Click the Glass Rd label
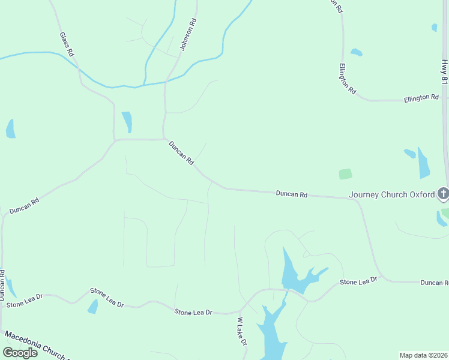click(67, 44)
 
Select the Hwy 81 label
click(444, 71)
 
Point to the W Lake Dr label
click(242, 331)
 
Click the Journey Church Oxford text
click(392, 194)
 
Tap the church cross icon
click(443, 193)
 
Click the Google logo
click(20, 352)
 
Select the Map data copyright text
click(424, 355)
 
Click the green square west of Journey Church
click(345, 174)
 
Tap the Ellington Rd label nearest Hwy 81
click(421, 97)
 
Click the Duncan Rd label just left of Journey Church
click(292, 194)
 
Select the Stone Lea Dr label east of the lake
click(358, 281)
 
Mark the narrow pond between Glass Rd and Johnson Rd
click(127, 121)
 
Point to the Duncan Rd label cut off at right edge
click(434, 283)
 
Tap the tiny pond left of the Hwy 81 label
click(434, 27)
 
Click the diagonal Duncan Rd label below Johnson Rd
click(181, 153)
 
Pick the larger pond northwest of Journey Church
click(424, 163)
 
